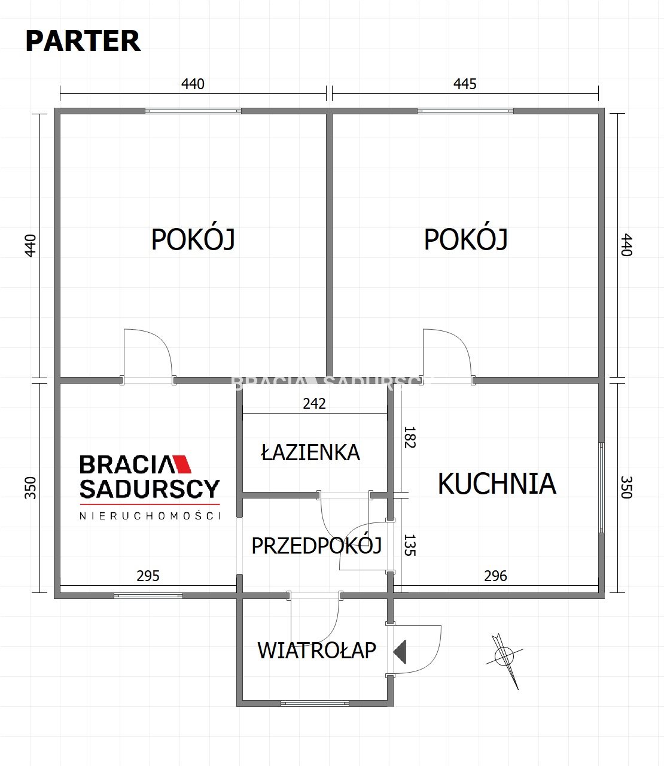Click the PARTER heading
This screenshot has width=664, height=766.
83,41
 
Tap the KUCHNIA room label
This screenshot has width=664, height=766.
497,484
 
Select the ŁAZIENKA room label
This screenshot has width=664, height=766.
310,452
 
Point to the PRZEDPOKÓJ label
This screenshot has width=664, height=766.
316,545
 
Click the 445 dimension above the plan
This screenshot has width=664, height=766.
465,84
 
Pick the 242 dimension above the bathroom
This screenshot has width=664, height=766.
314,403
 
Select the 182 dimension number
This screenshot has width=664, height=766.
410,437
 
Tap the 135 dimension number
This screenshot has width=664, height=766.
410,545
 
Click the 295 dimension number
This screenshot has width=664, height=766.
148,576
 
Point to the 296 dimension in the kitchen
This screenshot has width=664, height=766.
495,576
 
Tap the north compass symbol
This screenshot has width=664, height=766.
505,661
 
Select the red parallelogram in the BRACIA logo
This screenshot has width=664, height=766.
182,464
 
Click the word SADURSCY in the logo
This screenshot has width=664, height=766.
150,489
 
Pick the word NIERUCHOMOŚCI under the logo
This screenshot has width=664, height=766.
150,516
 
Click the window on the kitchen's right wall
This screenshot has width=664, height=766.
601,487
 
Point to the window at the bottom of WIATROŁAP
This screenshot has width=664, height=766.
315,703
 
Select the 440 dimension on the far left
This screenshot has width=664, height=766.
31,245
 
